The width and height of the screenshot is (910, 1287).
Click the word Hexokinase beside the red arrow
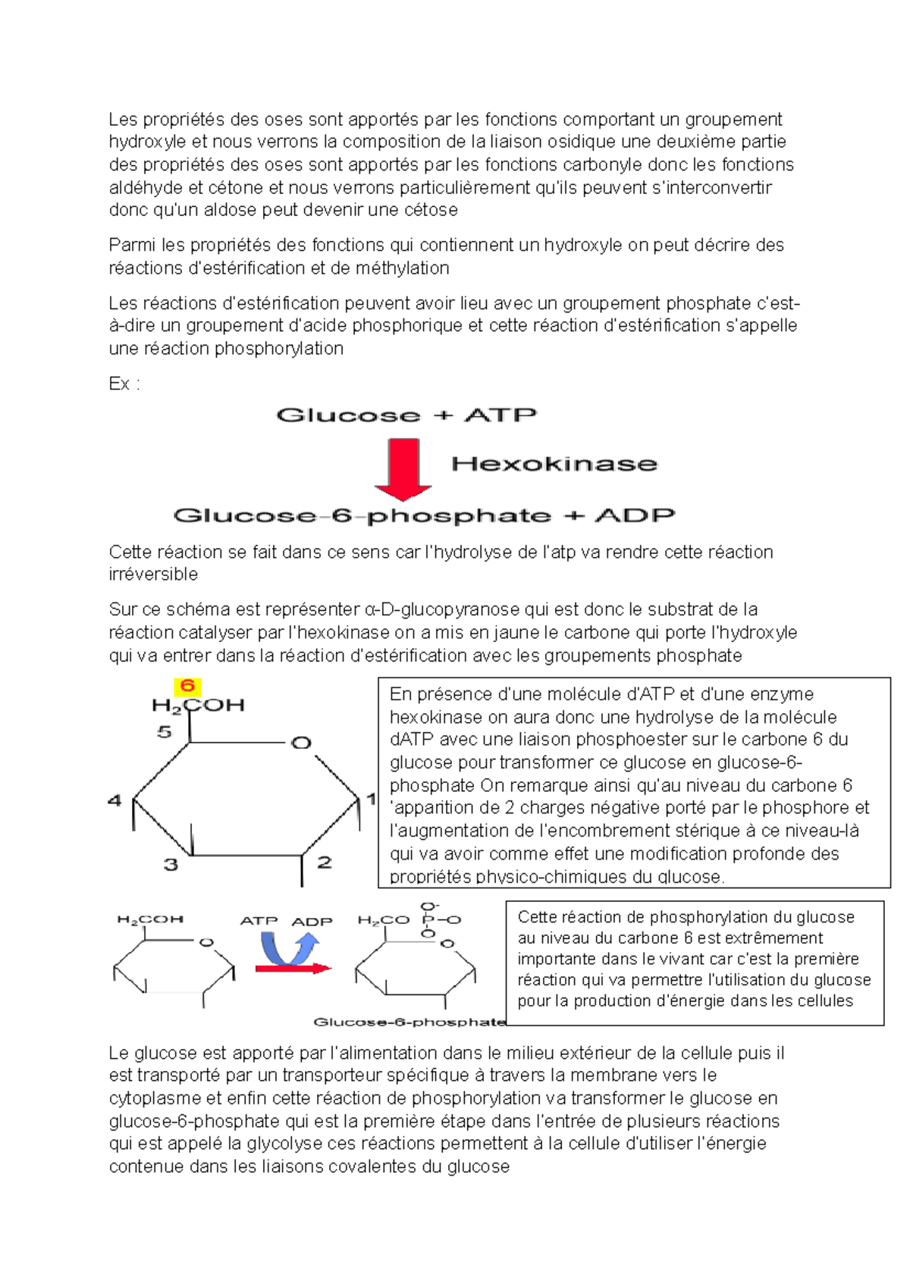[554, 464]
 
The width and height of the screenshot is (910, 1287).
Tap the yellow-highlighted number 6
[187, 687]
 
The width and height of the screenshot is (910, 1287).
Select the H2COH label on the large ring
[198, 706]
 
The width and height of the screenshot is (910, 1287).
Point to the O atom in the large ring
[302, 743]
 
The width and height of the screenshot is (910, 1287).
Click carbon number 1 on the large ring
[372, 798]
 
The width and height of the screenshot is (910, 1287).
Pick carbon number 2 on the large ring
[325, 862]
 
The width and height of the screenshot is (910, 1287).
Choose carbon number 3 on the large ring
[171, 864]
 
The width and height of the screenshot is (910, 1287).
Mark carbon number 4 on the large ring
[115, 800]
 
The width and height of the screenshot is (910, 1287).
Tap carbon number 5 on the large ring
[165, 732]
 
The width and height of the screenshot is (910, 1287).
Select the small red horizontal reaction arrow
[293, 969]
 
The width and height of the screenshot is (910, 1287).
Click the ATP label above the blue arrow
[259, 921]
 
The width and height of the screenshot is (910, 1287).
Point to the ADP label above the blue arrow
[312, 922]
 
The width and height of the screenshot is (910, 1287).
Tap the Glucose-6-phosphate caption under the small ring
[409, 1022]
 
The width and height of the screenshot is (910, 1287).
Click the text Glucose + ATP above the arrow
[406, 415]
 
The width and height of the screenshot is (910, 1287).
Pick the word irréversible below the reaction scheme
[153, 575]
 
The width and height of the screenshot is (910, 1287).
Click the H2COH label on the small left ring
[150, 919]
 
